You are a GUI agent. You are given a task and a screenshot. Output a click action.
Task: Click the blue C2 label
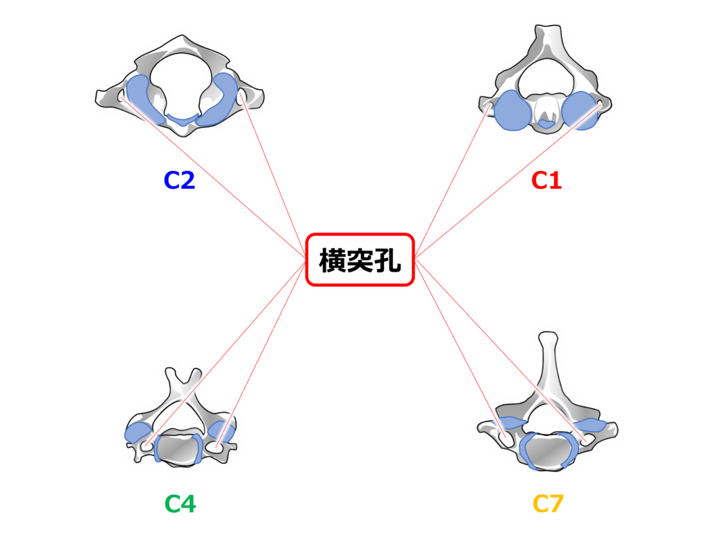coord(178,181)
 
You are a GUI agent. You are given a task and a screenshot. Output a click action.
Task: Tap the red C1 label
coord(546,181)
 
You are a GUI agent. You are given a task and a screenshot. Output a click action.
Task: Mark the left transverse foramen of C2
coord(122,97)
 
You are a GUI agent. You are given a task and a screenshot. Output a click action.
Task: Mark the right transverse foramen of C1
coord(599,106)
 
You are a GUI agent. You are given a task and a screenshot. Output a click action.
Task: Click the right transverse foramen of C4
coord(221,445)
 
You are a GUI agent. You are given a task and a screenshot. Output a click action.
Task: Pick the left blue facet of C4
coord(136,433)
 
